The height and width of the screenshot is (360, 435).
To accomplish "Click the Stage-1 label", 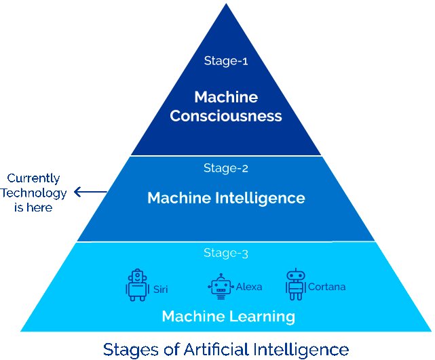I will (226, 60).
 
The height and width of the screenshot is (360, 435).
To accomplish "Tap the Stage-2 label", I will (226, 167).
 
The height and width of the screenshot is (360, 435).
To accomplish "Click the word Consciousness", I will (226, 116).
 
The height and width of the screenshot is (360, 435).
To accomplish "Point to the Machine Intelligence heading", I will (226, 199).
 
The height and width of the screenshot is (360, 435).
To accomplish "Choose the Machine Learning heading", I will (227, 316).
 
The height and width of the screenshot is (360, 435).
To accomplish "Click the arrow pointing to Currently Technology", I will (90, 193).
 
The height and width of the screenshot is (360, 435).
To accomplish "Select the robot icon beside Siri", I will (137, 285).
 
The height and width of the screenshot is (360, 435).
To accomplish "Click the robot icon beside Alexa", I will (219, 287).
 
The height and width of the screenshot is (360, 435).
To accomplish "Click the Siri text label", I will (160, 289).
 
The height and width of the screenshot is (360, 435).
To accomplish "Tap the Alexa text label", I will (248, 287).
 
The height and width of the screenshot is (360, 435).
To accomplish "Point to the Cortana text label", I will (326, 287).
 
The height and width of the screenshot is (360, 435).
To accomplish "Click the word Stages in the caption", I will (130, 349).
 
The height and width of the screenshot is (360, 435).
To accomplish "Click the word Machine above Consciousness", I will (226, 96).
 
